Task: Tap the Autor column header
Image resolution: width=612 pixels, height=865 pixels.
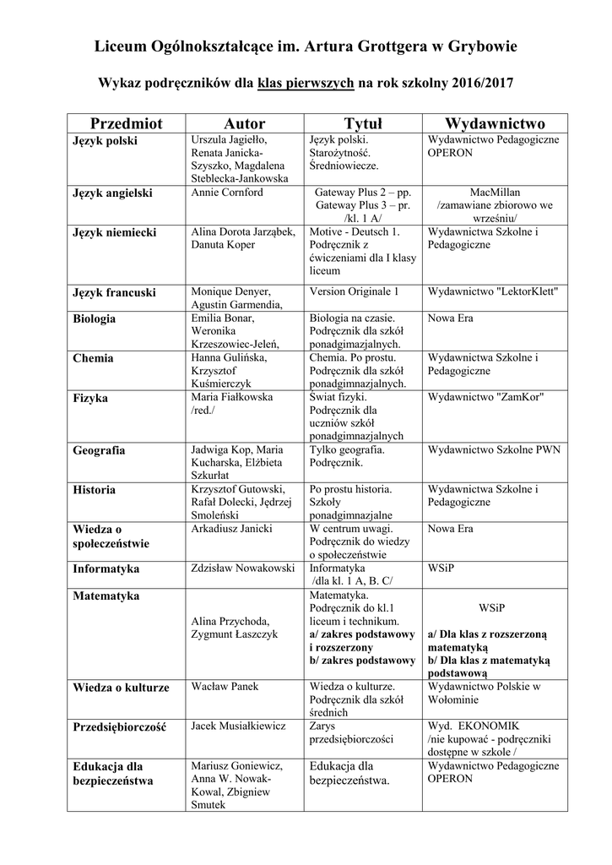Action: (245, 123)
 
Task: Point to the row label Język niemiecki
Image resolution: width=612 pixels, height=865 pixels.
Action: (115, 231)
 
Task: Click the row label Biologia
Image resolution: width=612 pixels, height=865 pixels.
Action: (95, 318)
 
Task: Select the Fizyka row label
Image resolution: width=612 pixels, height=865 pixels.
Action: (90, 397)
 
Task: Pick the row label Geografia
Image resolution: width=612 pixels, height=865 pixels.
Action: (99, 450)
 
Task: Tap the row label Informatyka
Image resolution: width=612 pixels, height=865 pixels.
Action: (106, 569)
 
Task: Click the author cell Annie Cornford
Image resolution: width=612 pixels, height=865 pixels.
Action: (228, 193)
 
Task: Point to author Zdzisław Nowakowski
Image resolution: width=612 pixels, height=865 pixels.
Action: (243, 568)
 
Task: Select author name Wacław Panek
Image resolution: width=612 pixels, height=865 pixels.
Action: (225, 686)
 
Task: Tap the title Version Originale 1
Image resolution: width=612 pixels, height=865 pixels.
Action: (355, 291)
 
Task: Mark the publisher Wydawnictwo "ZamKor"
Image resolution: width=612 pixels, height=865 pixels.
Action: (485, 396)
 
